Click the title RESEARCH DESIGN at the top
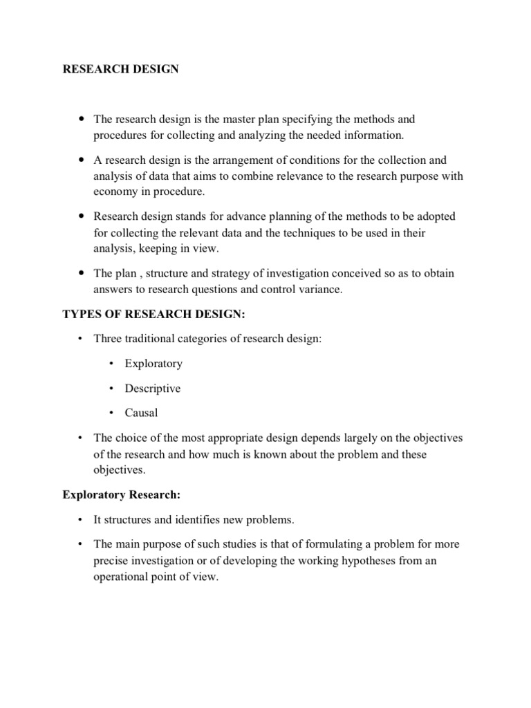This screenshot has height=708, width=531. pos(121,70)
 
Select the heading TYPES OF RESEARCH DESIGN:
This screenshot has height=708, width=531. pos(153,315)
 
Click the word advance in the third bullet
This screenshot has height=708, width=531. pos(257,217)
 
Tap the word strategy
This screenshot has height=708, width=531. pos(215,274)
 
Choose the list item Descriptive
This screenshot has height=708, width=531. pos(152,388)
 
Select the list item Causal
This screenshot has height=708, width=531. pos(141,413)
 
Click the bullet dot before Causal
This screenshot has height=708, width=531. pos(111,413)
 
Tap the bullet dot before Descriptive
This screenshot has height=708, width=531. pos(111,388)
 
